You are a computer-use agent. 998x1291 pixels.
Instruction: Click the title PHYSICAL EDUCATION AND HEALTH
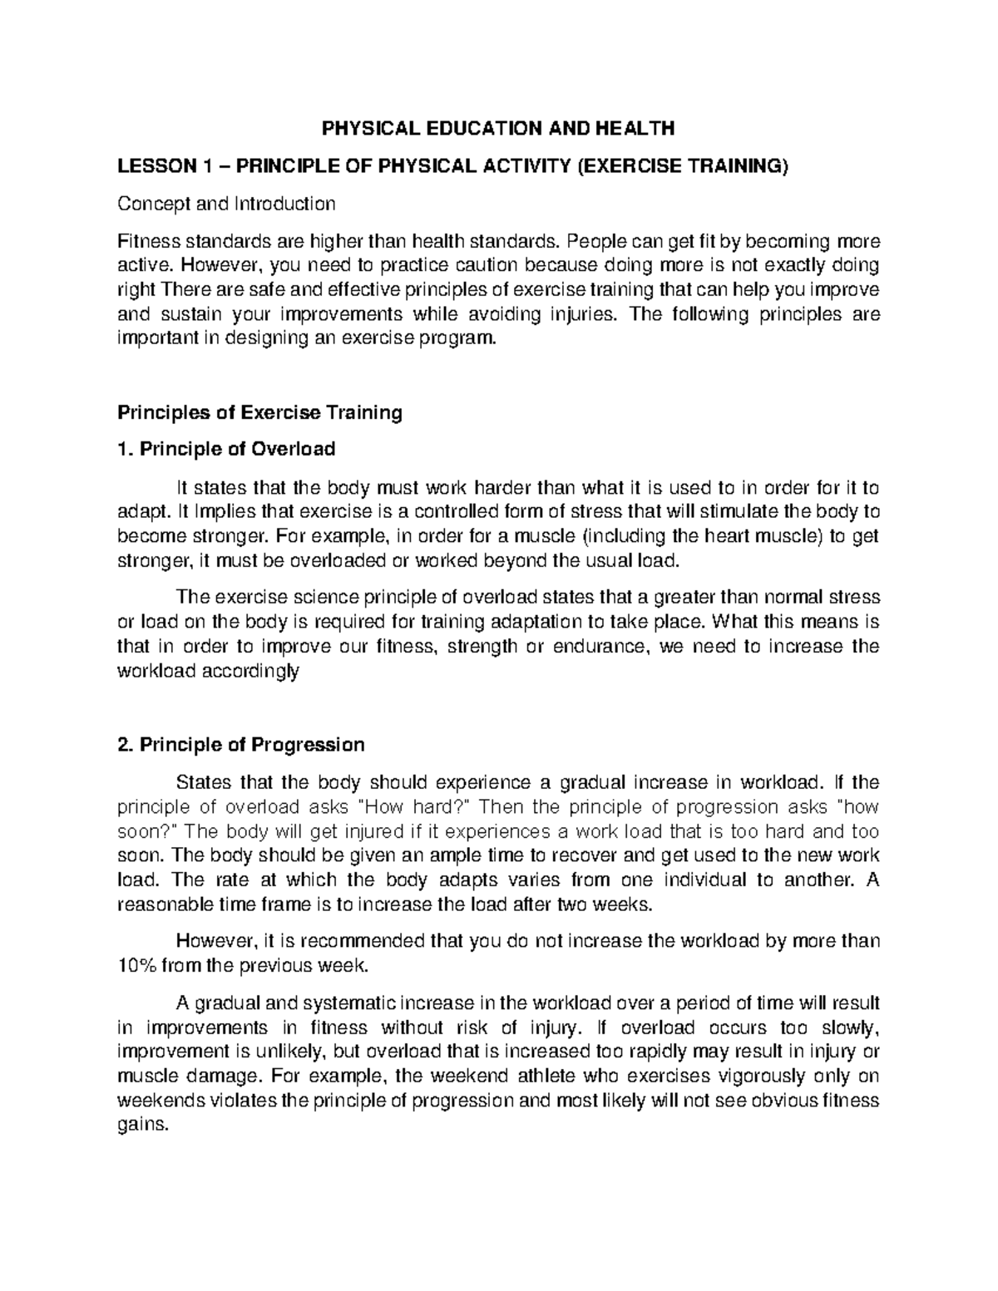pyautogui.click(x=499, y=128)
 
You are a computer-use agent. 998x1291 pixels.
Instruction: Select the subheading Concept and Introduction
pyautogui.click(x=226, y=204)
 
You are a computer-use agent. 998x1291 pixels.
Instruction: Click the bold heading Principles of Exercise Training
pyautogui.click(x=259, y=412)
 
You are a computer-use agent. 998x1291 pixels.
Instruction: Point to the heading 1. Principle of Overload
pyautogui.click(x=226, y=450)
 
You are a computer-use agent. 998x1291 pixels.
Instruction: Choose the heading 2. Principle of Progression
pyautogui.click(x=241, y=744)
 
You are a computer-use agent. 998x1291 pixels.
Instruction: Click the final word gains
pyautogui.click(x=142, y=1126)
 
